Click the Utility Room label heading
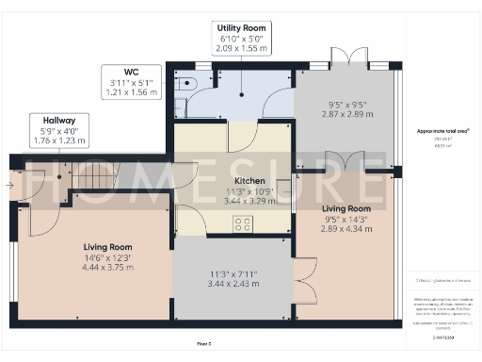[x=241, y=28]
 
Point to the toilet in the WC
[x=182, y=82]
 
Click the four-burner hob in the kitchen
[x=243, y=223]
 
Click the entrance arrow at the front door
[x=9, y=185]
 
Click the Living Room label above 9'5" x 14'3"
[x=343, y=207]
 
